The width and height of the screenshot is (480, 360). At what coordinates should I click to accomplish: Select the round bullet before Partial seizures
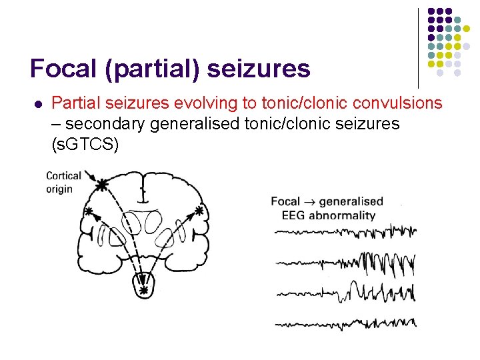click(37, 104)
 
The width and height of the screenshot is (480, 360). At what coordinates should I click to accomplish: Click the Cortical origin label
click(64, 182)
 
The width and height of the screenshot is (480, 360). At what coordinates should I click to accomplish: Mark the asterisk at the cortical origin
click(101, 185)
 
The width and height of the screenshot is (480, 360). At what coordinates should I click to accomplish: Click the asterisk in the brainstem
click(143, 291)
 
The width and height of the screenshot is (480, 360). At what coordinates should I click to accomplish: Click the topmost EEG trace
click(345, 231)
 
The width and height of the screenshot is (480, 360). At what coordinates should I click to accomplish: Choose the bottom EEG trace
click(345, 325)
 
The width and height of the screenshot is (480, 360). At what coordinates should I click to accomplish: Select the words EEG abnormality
click(328, 215)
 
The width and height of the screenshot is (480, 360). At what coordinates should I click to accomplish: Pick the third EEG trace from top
click(345, 293)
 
